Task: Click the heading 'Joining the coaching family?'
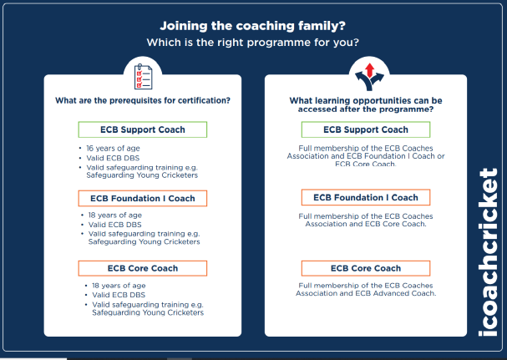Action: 252,26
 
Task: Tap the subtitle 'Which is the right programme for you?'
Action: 252,43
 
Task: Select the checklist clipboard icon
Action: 143,77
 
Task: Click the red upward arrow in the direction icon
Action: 369,70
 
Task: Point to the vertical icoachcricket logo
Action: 488,252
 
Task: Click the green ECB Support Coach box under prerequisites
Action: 143,129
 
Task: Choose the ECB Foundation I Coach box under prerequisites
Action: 143,198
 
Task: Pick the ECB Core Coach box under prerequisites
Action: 143,268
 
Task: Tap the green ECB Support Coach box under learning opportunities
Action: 366,129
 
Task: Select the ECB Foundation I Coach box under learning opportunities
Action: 366,197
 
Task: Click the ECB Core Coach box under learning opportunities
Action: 366,268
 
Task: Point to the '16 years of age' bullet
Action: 113,149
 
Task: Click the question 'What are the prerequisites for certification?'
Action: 143,100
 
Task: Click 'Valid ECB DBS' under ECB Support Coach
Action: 113,158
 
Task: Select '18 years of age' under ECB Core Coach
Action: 119,286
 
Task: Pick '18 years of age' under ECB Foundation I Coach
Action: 115,215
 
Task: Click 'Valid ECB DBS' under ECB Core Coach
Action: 119,295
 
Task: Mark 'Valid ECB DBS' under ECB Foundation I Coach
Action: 114,225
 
